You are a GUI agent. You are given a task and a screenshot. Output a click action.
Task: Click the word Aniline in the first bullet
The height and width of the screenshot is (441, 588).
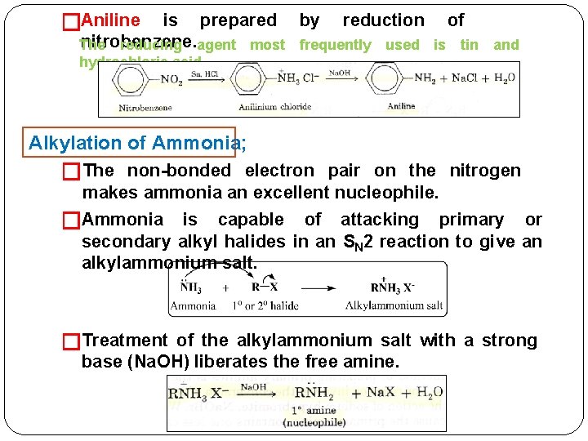tap(111, 20)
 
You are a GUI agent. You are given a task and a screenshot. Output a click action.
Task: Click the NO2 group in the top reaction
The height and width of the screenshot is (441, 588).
tap(171, 80)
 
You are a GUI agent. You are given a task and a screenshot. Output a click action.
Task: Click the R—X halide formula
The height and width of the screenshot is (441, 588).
tap(266, 287)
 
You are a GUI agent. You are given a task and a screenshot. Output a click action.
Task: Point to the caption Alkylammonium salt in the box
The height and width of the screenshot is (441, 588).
tap(394, 305)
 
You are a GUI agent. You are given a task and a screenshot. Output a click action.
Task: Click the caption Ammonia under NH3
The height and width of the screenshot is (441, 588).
tap(193, 305)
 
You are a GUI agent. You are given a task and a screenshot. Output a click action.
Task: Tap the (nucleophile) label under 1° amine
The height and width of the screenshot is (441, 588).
tap(314, 422)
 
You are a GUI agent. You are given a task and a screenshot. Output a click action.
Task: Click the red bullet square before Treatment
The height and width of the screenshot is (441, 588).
tap(72, 341)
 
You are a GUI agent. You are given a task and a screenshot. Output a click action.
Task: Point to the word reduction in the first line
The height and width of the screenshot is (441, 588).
tap(383, 20)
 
